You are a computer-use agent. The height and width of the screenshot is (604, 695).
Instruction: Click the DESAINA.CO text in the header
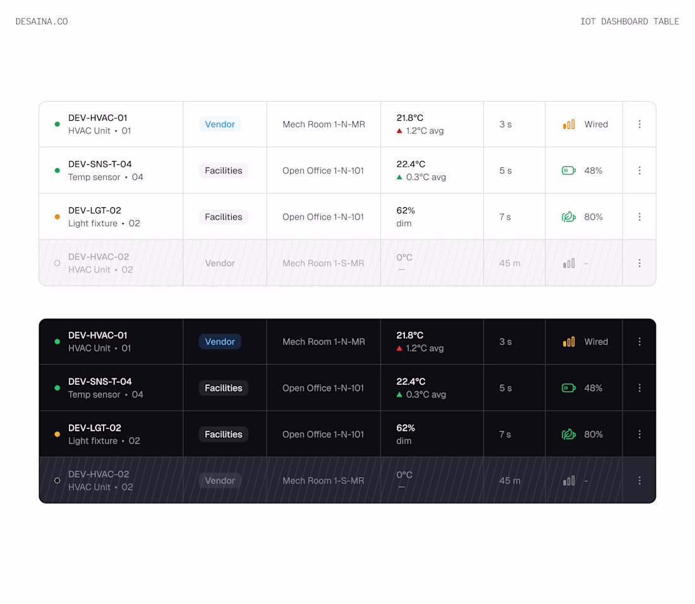coord(42,21)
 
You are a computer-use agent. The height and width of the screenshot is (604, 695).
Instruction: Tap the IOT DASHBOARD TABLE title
coord(629,21)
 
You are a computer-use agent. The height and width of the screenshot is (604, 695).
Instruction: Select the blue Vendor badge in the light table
coord(220,124)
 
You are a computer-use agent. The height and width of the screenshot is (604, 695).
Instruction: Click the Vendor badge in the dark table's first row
coord(220,342)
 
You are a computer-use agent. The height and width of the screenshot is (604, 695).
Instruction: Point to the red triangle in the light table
coord(399,131)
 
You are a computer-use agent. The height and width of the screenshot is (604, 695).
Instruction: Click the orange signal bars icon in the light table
coord(569,124)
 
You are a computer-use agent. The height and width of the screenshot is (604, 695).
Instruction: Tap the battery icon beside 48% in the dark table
coord(569,388)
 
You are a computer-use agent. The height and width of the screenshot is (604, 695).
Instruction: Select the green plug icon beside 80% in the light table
coord(569,217)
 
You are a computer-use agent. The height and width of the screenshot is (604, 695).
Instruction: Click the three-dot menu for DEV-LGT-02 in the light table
coord(639,217)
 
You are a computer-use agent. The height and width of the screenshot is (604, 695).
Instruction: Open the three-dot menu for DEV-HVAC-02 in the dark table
coord(639,480)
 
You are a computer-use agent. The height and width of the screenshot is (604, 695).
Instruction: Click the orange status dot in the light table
coord(57,217)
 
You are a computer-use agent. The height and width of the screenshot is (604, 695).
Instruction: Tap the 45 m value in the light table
coord(510,263)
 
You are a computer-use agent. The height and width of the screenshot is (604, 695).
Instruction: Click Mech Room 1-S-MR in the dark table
coord(323,480)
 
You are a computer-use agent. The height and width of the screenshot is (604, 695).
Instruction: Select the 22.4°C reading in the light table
coord(411,164)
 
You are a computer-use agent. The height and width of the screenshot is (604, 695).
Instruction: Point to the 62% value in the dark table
coord(406,428)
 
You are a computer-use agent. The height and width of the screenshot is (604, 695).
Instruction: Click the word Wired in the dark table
coord(596,342)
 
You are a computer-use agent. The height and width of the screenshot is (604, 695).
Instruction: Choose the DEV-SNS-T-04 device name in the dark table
coord(100,382)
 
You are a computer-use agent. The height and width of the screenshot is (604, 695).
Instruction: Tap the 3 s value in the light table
coord(505,124)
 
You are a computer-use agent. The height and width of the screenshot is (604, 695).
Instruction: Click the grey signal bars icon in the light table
coord(569,263)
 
